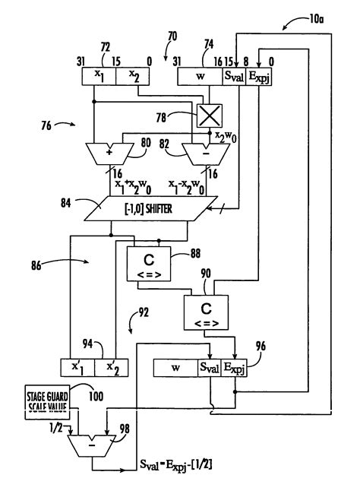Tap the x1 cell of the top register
click(100, 77)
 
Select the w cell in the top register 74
click(199, 77)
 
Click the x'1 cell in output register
click(77, 369)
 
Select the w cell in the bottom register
click(175, 369)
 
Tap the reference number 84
click(66, 201)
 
